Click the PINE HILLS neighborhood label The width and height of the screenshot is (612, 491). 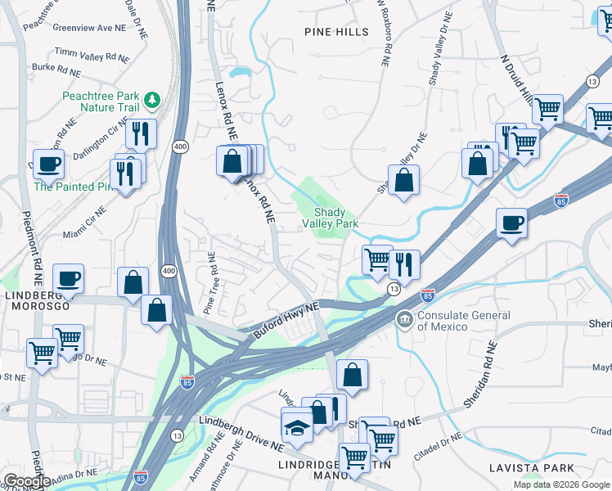coord(336,32)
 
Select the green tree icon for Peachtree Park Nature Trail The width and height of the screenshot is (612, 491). coord(151,100)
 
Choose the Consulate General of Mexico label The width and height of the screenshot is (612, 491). coord(465,321)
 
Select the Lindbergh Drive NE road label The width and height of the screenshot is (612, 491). coord(242,424)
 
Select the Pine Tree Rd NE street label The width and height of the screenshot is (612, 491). coord(211,282)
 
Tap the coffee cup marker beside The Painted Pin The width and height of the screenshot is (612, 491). coord(47,163)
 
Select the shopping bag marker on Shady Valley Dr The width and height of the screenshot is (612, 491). coord(403,180)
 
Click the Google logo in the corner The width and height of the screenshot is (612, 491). coord(27,481)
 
